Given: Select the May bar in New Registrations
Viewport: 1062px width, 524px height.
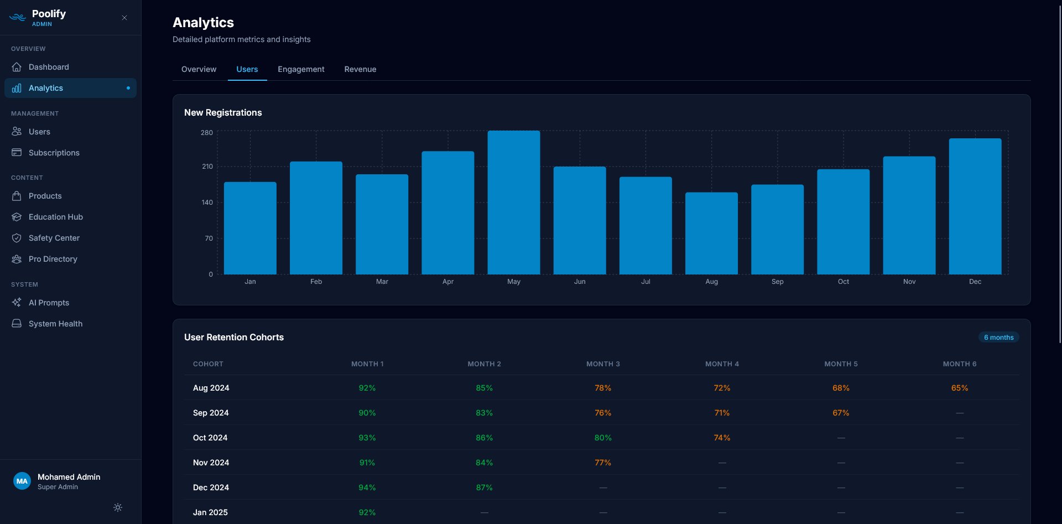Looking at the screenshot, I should (x=513, y=203).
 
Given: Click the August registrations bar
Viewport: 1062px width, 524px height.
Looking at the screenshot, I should (x=711, y=233).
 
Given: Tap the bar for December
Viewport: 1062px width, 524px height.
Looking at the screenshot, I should (x=975, y=206).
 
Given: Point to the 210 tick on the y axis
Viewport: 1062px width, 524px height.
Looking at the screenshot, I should (x=207, y=167).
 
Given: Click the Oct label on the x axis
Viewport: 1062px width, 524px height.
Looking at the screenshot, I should (x=843, y=282).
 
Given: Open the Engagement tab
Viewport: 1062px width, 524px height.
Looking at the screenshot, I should (x=301, y=69).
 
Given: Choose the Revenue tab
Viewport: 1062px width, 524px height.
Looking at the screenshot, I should (x=360, y=69).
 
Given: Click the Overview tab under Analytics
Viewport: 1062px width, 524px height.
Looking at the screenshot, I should (x=199, y=69).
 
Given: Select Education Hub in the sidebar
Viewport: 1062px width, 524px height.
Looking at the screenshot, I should (x=55, y=217).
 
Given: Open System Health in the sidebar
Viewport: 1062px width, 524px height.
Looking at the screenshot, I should (x=55, y=324).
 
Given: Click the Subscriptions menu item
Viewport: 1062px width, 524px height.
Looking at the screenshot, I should (x=54, y=153).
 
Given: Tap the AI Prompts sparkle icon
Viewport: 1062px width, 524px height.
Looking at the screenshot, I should (x=17, y=303).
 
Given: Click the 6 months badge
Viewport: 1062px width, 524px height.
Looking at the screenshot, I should (x=998, y=338).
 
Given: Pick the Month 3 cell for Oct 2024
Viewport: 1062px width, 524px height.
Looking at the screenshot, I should (x=603, y=438).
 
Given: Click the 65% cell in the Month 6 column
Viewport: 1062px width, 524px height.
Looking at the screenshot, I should (x=959, y=388).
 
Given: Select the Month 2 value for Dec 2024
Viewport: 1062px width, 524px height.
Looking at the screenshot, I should (x=484, y=487).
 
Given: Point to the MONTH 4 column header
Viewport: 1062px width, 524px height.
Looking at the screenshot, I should (x=721, y=364).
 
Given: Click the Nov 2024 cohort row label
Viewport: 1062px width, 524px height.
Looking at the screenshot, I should (x=211, y=463).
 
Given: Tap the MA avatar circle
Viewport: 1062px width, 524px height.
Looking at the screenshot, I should (x=22, y=481).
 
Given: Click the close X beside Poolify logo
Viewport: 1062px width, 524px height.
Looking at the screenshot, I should (x=124, y=18).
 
